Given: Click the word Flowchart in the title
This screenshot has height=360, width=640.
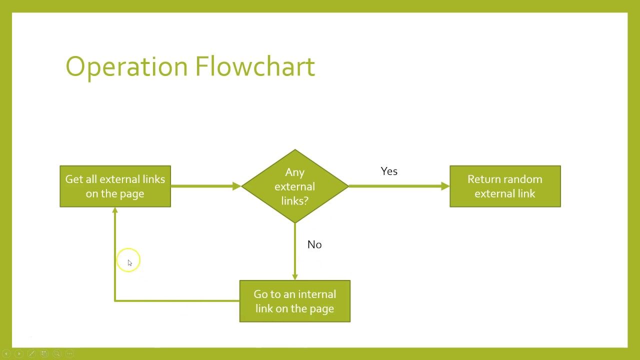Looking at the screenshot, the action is (x=255, y=66).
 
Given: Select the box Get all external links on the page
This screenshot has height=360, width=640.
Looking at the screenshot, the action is (x=115, y=186).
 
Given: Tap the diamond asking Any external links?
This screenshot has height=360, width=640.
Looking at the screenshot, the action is (x=295, y=186).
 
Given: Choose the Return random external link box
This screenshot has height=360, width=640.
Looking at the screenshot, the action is (x=505, y=186).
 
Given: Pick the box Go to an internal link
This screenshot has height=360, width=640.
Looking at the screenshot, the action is (x=295, y=301).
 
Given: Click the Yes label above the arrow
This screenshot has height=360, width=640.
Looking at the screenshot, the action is (x=389, y=171).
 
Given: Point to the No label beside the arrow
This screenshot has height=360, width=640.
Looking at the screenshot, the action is (x=314, y=244).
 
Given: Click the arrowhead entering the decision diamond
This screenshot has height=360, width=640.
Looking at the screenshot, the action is (x=237, y=186).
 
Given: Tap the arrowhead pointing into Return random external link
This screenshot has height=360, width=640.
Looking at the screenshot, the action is (x=445, y=186).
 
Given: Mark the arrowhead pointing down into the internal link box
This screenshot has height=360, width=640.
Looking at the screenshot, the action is (x=295, y=277).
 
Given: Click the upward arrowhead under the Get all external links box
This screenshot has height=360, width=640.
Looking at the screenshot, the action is (x=115, y=210).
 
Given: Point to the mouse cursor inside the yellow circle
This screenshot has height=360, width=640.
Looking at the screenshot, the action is (x=129, y=263).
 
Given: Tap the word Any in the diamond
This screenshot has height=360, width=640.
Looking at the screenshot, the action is (x=295, y=172).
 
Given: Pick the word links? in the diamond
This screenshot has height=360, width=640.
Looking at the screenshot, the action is (x=295, y=200).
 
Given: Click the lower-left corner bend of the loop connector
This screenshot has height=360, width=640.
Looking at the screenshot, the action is (x=115, y=301).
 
